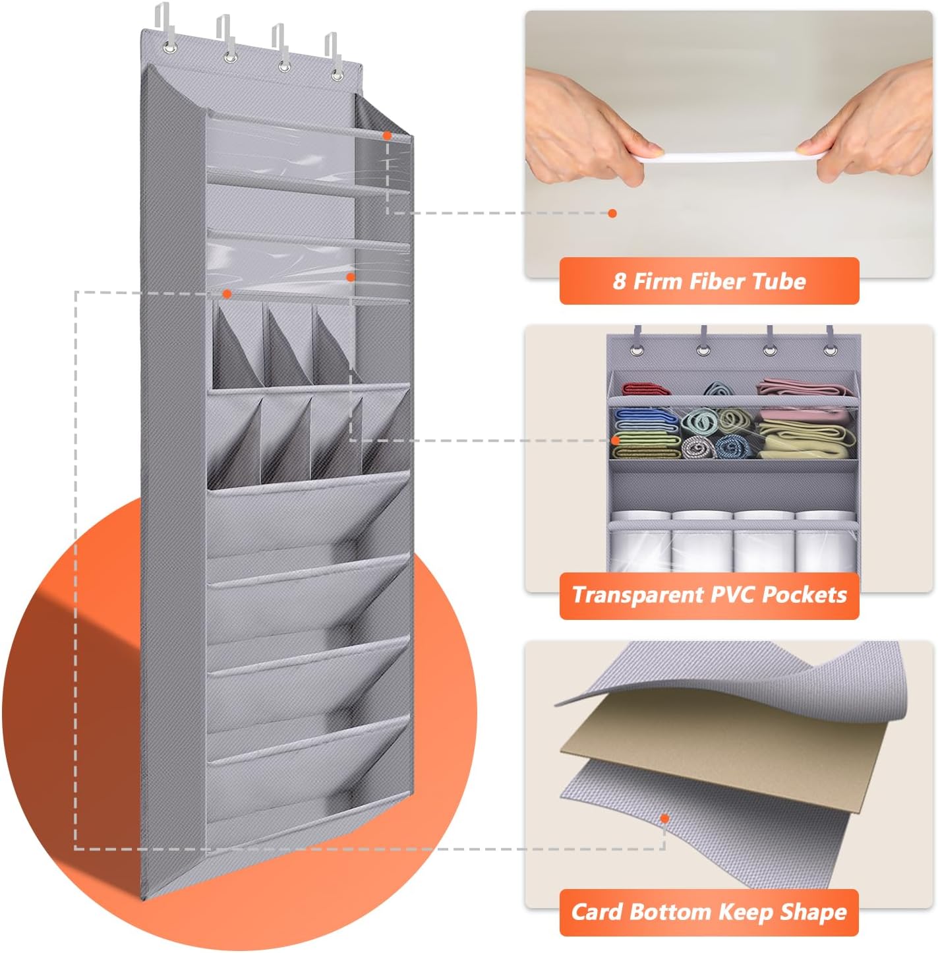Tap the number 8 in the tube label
pos(619,282)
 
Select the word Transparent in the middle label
pos(639,595)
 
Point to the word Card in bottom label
pos(596,912)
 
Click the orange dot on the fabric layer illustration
pos(664,818)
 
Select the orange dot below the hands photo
pos(612,213)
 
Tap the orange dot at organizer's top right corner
pos(387,135)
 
